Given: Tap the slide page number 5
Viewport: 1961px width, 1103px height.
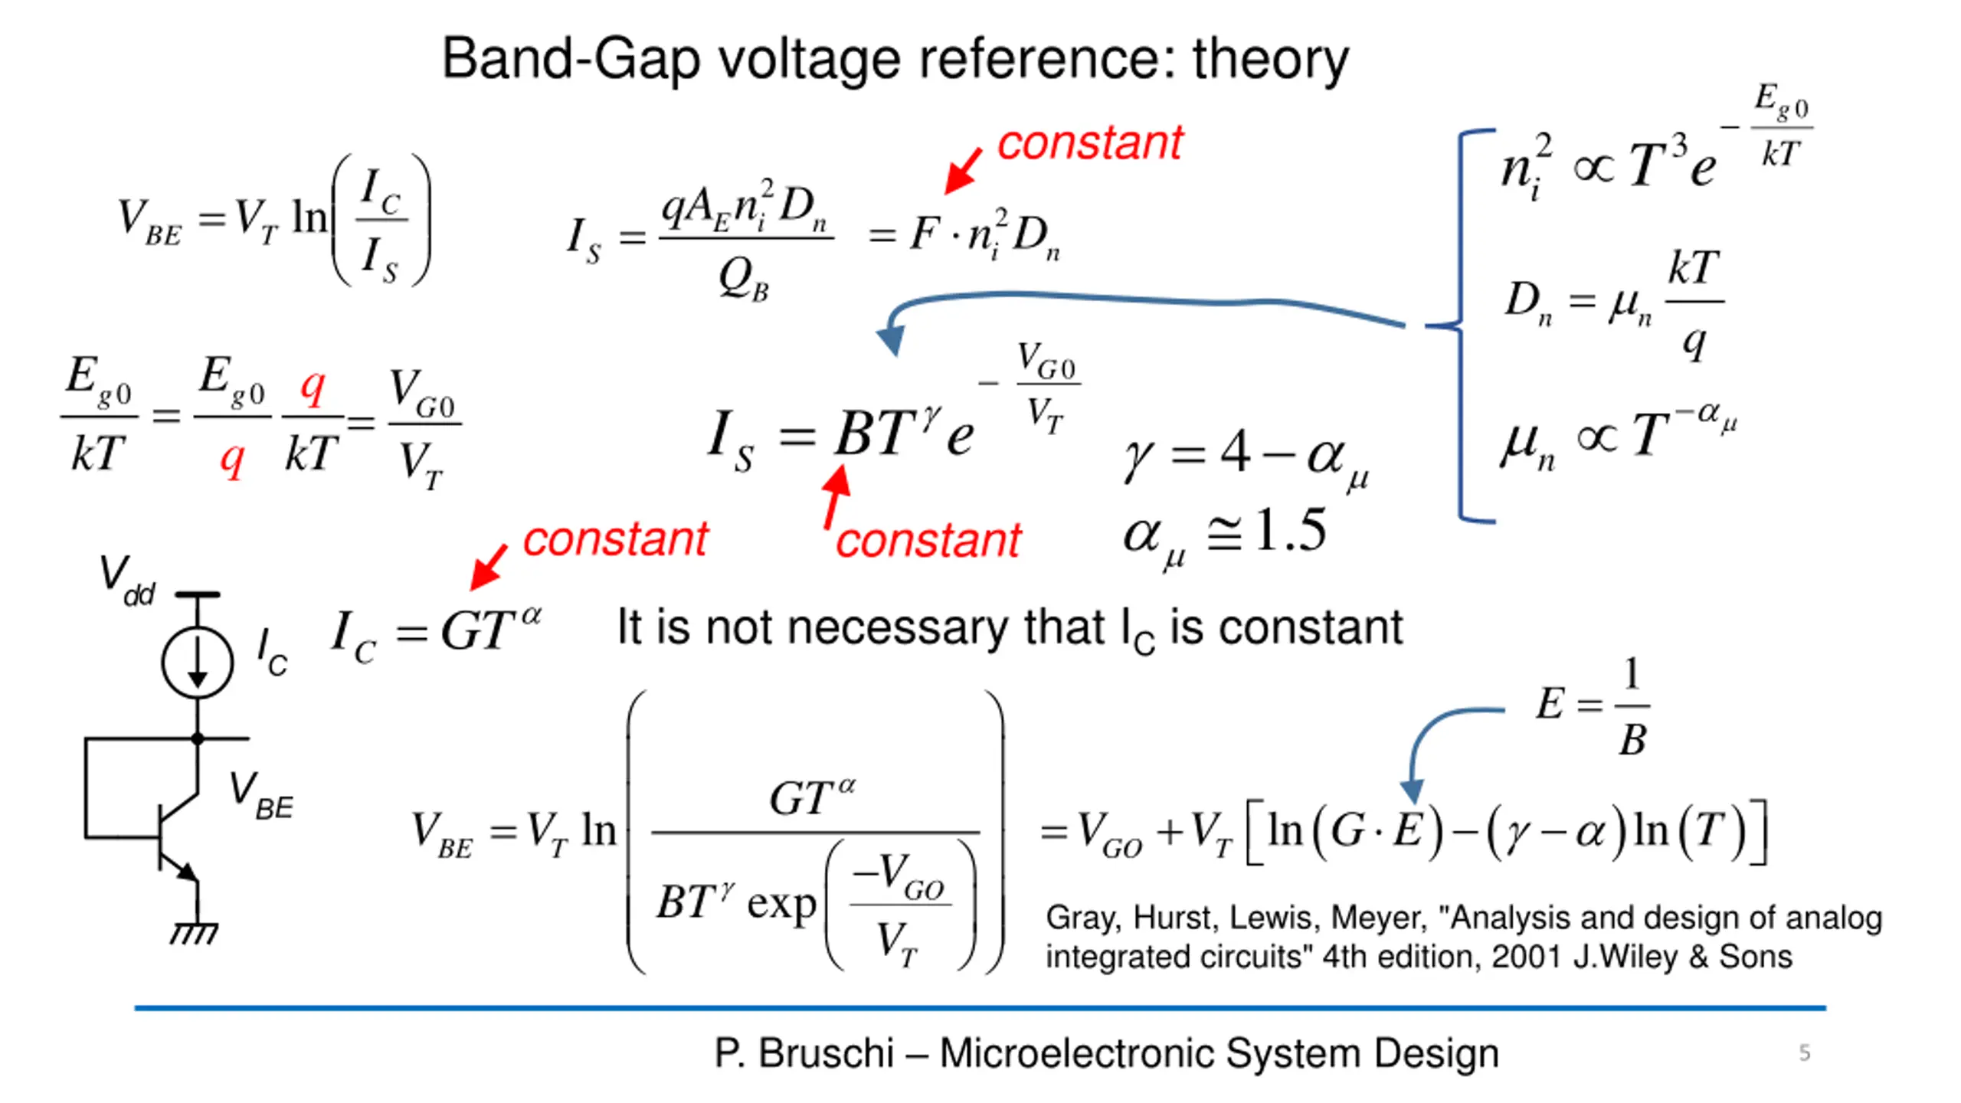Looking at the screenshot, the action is [x=1805, y=1052].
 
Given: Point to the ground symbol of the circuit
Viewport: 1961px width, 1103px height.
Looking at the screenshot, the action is [x=194, y=933].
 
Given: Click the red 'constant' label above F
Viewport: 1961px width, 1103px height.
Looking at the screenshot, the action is [x=1090, y=143].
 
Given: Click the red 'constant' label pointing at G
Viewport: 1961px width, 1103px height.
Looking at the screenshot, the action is [x=615, y=539].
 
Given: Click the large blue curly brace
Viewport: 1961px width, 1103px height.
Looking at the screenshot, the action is [x=1460, y=325].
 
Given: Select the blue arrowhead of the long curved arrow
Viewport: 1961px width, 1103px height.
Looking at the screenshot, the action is [x=891, y=339].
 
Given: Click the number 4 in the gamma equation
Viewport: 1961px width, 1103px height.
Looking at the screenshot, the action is [x=1236, y=452].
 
